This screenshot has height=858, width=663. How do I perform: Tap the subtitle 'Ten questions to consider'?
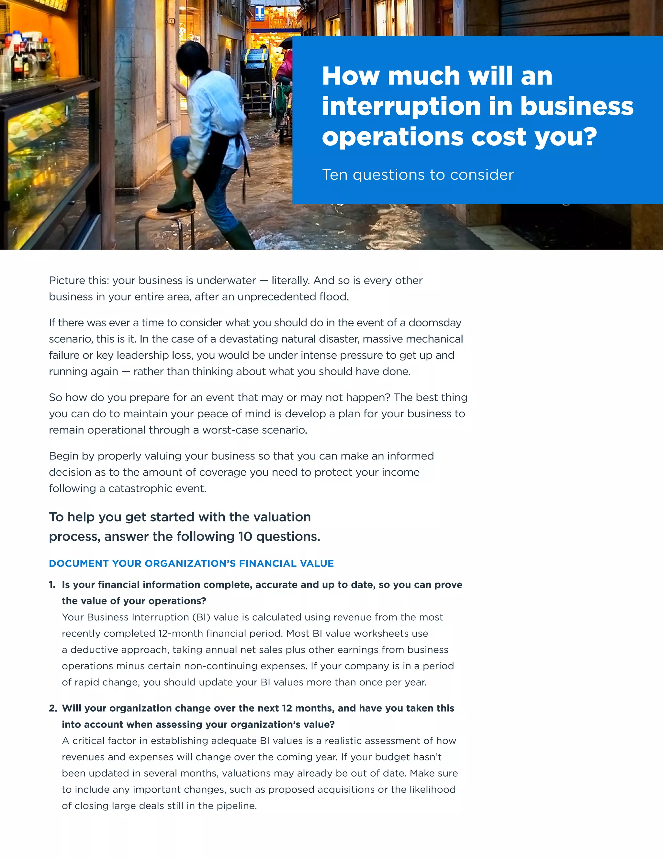point(418,175)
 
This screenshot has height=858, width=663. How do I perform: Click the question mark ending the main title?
point(588,137)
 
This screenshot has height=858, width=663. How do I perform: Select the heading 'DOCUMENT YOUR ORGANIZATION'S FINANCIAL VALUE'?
point(191,563)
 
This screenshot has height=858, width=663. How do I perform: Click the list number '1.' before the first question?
point(52,584)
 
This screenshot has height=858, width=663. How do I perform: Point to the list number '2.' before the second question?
point(53,708)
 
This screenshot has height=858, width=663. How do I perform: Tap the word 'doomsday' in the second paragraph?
point(435,322)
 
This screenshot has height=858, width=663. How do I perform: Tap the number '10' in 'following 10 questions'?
point(245,536)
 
